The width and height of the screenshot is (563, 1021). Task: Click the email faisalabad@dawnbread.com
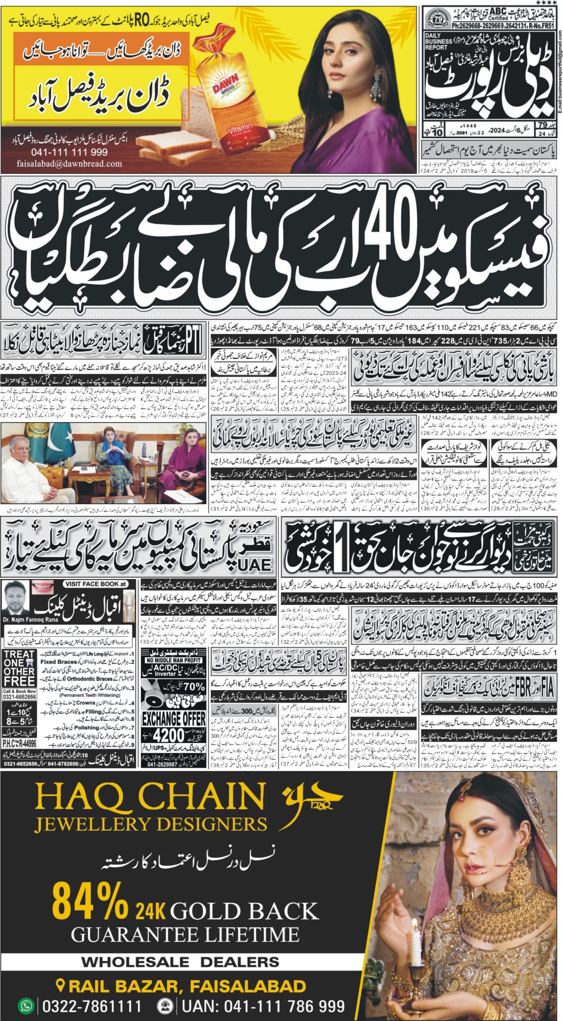tap(69, 163)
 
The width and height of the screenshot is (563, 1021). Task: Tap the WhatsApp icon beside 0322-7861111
tap(26, 1006)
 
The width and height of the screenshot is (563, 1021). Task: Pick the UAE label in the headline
tap(255, 564)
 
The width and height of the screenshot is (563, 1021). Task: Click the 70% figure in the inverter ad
tap(193, 686)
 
